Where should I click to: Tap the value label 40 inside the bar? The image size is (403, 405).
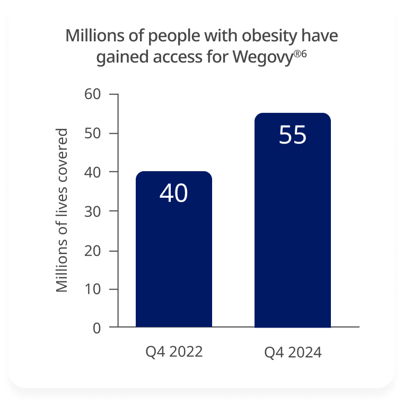(174, 193)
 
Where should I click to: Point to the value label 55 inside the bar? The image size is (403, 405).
(293, 135)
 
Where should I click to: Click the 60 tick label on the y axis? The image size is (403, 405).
(93, 94)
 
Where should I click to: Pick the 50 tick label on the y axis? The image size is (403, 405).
(93, 133)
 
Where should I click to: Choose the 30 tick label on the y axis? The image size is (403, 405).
(93, 211)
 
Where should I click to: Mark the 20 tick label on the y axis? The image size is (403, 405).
(93, 250)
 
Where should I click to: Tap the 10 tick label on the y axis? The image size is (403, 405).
(93, 289)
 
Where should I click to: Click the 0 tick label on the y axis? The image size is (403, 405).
(97, 328)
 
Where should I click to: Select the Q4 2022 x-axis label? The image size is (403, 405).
(174, 351)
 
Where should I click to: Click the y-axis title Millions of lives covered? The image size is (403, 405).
(63, 210)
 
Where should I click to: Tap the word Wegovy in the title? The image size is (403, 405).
(264, 57)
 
